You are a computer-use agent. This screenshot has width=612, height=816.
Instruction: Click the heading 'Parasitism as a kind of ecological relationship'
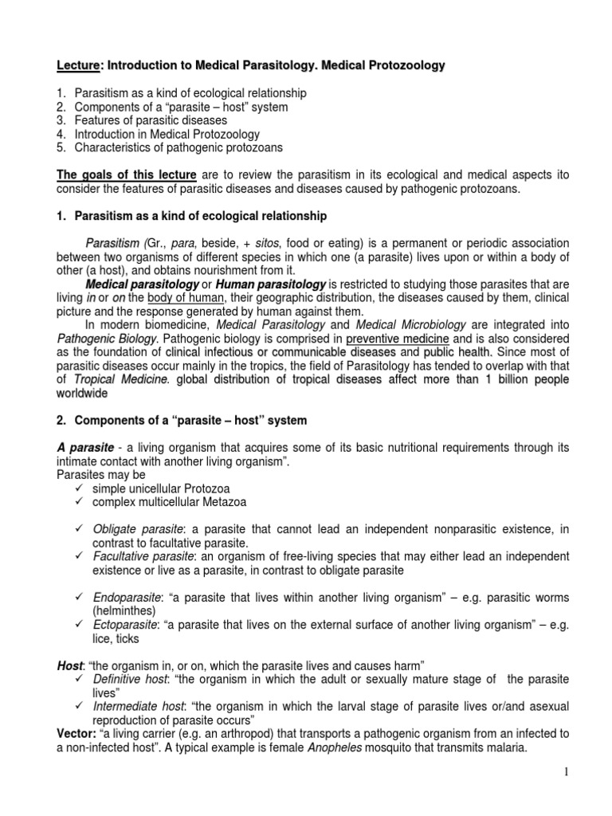pyautogui.click(x=200, y=216)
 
